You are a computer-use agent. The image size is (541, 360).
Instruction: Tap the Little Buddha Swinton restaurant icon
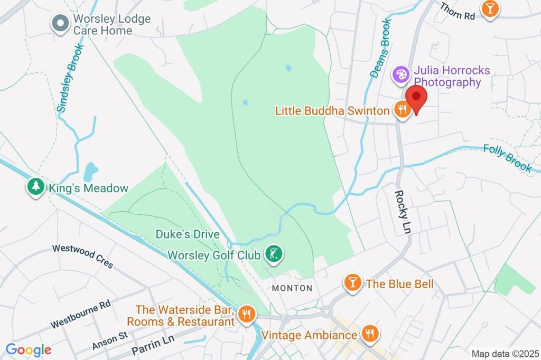tap(403, 110)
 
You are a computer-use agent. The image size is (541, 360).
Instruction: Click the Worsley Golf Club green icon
tap(273, 254)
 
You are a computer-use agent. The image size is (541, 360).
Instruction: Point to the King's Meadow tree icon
tap(35, 187)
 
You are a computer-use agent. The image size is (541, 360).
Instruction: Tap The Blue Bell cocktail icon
tap(352, 283)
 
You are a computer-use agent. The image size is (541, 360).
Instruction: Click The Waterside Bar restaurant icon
tap(246, 315)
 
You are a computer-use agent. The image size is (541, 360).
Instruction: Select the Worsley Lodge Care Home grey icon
tap(60, 23)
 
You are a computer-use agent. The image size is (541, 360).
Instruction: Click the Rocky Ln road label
tap(402, 211)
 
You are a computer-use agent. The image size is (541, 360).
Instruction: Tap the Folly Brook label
tap(508, 158)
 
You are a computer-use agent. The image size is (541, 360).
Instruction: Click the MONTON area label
tap(292, 288)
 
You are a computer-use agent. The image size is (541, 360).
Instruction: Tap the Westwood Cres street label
tap(82, 256)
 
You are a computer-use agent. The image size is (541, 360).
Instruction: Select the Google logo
tap(29, 349)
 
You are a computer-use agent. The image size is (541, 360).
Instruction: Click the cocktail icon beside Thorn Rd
tap(490, 8)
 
